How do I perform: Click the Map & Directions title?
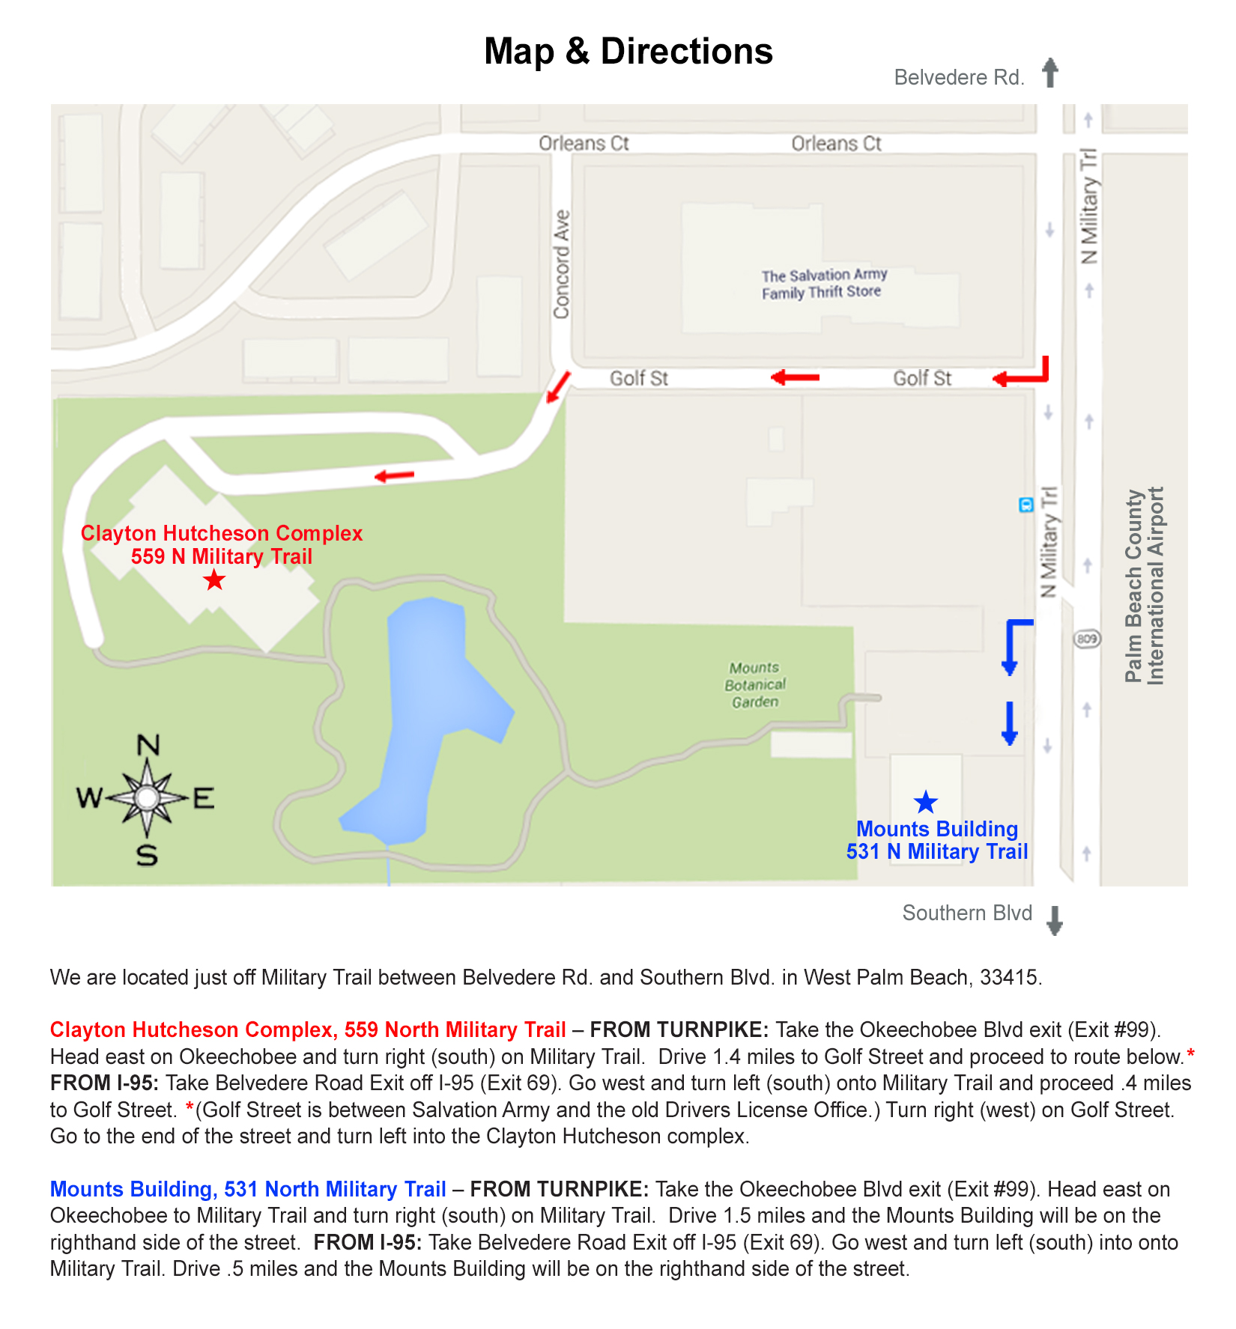point(628,52)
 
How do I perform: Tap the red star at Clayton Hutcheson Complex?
point(214,580)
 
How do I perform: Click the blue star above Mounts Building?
point(926,802)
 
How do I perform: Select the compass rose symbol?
point(147,798)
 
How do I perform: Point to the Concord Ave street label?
point(561,264)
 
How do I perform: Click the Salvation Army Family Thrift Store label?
point(823,284)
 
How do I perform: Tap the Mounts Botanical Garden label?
point(755,684)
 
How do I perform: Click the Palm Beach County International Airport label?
point(1145,586)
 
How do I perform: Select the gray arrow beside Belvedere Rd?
point(1050,73)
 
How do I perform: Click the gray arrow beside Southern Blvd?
point(1054,920)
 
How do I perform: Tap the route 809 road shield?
point(1087,639)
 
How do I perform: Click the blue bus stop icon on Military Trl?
point(1026,505)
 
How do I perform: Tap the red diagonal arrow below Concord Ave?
point(558,386)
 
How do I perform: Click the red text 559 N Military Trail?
point(221,556)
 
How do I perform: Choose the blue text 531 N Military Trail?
point(936,851)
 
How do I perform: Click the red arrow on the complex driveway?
point(394,475)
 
